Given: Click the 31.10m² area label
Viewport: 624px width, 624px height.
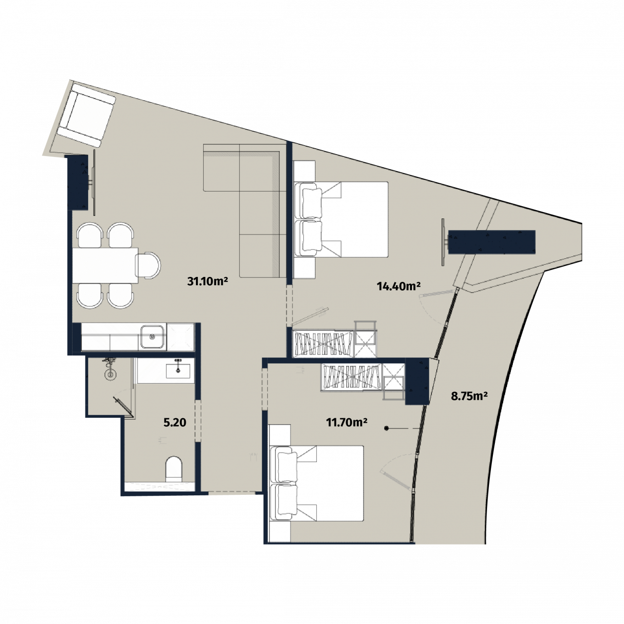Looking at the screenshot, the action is [x=207, y=281].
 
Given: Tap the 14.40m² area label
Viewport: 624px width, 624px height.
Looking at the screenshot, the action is [x=399, y=286].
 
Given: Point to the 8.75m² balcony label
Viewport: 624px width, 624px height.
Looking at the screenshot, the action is [x=469, y=396].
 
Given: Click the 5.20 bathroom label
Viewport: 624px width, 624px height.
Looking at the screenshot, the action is [x=175, y=422].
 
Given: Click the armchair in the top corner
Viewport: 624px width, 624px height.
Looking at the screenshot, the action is [x=86, y=115].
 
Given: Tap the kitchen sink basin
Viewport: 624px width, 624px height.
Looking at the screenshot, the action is [x=152, y=337].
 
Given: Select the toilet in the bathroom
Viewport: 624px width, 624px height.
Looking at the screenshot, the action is [x=174, y=468].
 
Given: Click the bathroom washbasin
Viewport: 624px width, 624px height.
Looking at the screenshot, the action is [x=178, y=370].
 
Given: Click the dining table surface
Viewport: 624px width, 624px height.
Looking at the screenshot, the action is [x=105, y=265].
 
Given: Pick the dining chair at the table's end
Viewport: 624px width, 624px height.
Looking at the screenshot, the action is [x=148, y=266].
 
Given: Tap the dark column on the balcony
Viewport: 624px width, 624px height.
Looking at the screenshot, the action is [x=491, y=242].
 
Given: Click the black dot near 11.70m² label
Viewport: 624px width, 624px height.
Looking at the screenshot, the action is [x=386, y=429].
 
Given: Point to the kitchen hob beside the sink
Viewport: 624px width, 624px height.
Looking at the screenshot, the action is [x=181, y=337].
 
